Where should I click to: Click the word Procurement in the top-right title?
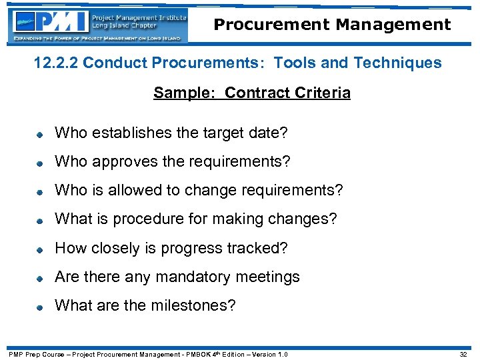[271, 25]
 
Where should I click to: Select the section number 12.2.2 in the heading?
[56, 63]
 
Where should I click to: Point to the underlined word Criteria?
[323, 93]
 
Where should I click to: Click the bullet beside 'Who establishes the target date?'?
[40, 134]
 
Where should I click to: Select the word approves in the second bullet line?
[124, 162]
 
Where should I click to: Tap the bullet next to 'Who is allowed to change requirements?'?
[40, 192]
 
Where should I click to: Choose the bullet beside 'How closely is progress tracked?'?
[40, 249]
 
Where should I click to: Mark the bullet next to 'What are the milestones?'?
[40, 307]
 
